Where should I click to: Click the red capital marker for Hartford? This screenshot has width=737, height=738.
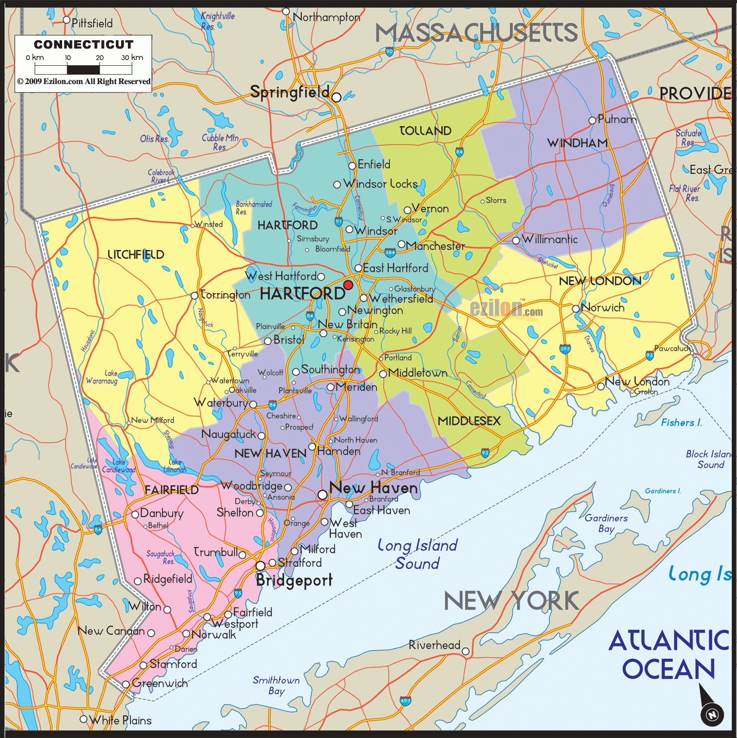(348, 285)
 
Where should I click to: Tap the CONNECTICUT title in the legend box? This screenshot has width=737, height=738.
(84, 44)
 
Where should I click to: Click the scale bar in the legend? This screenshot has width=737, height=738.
(84, 69)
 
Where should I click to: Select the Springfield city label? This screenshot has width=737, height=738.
(290, 92)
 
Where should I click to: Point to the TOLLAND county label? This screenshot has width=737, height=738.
(425, 130)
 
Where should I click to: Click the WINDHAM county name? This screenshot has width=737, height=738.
(577, 143)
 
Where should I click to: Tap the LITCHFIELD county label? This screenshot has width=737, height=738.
(136, 255)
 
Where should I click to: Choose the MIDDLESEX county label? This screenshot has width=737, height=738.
(469, 421)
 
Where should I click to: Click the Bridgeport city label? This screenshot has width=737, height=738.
(294, 580)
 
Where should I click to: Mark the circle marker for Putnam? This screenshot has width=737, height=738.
(592, 121)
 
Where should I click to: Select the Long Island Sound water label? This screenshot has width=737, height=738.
(417, 554)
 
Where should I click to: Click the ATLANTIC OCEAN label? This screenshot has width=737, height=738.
(669, 654)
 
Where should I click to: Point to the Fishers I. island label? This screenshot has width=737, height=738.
(681, 423)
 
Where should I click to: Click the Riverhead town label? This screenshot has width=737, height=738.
(434, 645)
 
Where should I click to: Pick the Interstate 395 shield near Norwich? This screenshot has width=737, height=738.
(565, 349)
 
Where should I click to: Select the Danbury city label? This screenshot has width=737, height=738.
(162, 513)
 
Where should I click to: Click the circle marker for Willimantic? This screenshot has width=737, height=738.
(516, 240)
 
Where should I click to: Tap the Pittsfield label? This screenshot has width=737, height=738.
(92, 23)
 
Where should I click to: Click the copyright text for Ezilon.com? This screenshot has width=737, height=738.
(84, 81)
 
